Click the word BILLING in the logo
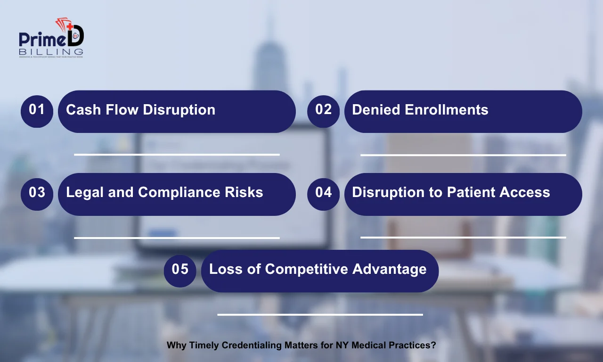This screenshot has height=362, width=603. click(51, 51)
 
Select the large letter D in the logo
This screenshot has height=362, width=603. click(75, 37)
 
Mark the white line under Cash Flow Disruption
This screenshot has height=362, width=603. click(177, 154)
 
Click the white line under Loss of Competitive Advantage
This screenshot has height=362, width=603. click(320, 314)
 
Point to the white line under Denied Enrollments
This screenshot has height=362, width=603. click(463, 155)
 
